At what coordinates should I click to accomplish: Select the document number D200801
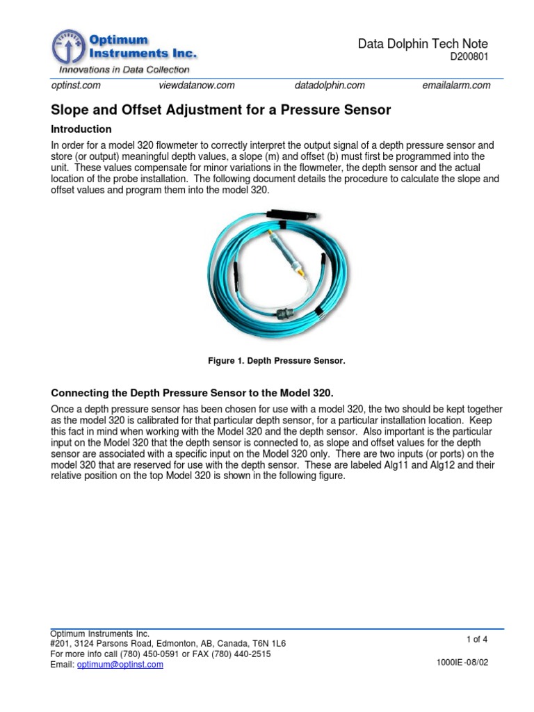pos(469,58)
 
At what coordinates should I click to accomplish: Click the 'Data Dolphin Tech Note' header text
pos(422,44)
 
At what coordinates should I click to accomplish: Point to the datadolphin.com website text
pos(330,86)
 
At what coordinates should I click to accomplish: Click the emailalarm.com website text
pos(456,86)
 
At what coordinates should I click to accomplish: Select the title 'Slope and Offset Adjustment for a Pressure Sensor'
pos(221,109)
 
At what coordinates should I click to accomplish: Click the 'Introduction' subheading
pos(81,129)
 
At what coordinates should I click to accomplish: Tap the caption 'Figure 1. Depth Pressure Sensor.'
pos(277,361)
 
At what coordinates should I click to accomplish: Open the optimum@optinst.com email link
pos(120,665)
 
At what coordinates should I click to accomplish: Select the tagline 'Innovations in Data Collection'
pos(124,70)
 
